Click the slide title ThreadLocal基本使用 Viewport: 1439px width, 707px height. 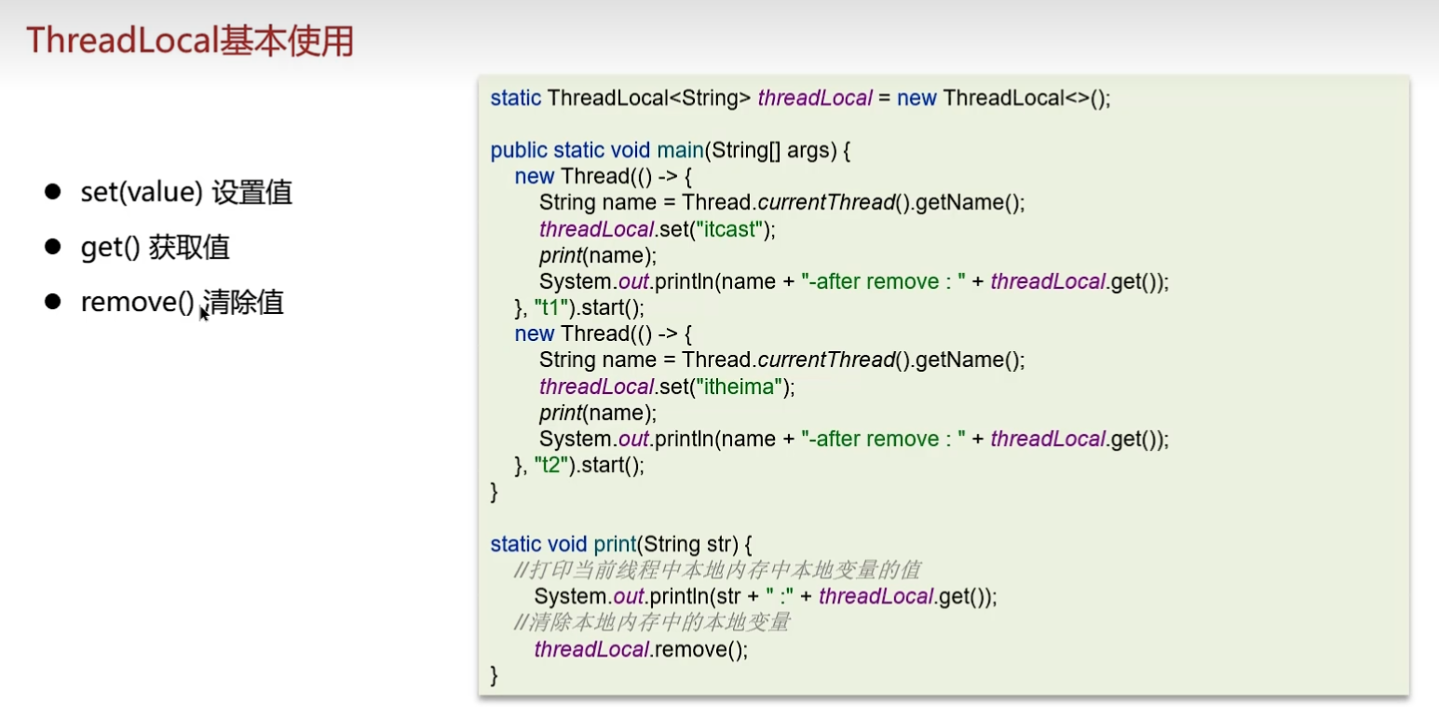[190, 41]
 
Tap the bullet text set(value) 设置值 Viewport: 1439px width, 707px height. [186, 193]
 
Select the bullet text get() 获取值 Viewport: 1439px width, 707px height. [155, 248]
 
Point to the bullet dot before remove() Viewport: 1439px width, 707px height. [52, 302]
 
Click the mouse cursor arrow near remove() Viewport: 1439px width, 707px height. [203, 313]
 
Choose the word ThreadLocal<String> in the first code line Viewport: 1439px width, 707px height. [649, 98]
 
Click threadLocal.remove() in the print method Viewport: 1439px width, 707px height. [641, 649]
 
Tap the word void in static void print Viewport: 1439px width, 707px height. [565, 544]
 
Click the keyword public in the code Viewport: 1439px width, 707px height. [519, 151]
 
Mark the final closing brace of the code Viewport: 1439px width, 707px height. [495, 674]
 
